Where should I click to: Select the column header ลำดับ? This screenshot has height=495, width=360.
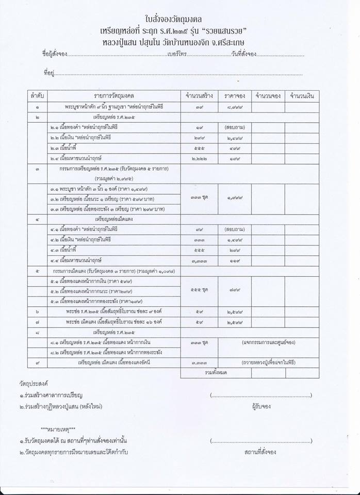(x=38, y=96)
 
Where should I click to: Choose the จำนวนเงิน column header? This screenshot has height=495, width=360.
(x=303, y=96)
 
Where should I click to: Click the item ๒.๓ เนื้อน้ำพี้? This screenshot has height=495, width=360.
(x=64, y=148)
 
